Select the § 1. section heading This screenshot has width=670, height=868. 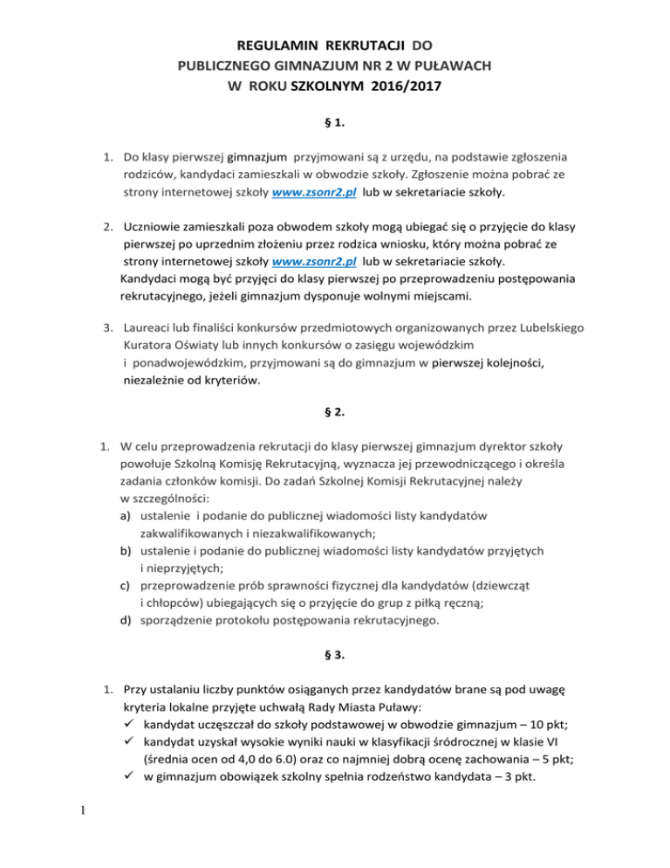pyautogui.click(x=335, y=123)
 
